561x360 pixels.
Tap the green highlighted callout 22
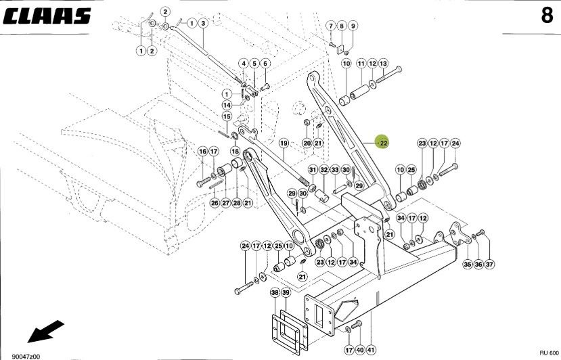tap(383, 143)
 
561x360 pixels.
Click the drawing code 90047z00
tap(26, 355)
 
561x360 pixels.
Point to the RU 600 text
tap(549, 353)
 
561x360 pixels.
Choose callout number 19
tap(284, 143)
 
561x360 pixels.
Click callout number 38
tap(275, 293)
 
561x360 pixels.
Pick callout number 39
tap(286, 293)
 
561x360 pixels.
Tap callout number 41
tap(371, 350)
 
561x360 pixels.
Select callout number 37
tap(489, 264)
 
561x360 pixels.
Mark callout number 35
tap(467, 264)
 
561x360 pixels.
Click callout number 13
tap(383, 63)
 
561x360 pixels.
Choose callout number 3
tap(202, 23)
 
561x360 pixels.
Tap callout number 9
tap(353, 26)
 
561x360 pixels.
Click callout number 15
tap(227, 117)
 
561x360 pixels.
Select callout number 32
tap(324, 169)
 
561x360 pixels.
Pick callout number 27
tap(225, 203)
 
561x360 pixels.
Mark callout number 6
tap(265, 63)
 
